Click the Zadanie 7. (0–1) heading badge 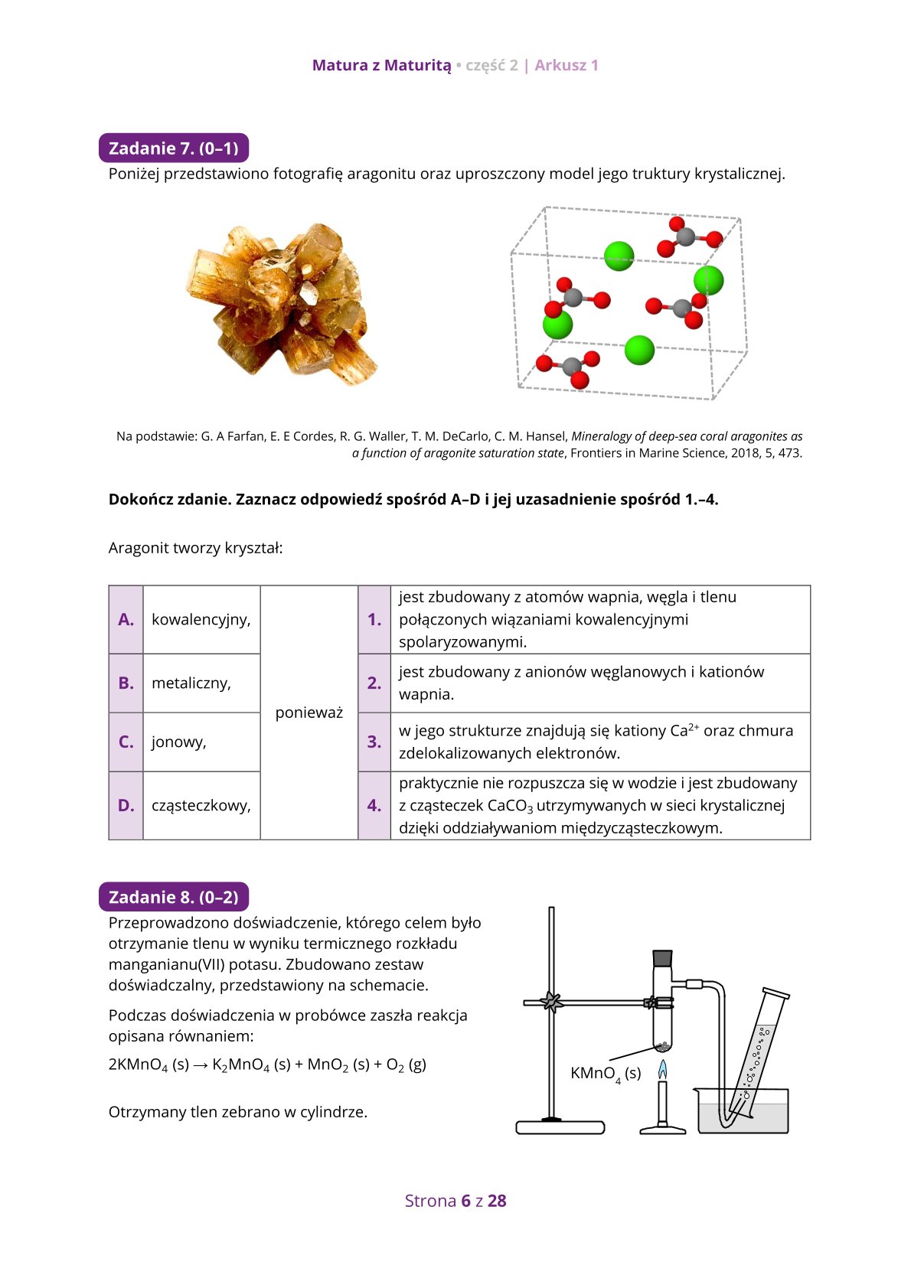coord(174,148)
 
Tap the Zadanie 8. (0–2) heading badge coord(174,897)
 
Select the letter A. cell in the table coord(126,620)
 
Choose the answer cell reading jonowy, coord(179,742)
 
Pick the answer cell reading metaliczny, coord(191,683)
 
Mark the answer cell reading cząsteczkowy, coord(201,805)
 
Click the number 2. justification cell coord(374,683)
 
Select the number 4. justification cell coord(374,805)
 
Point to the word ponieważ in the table coord(309,712)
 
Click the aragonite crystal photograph coord(281,305)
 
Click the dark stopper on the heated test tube coord(663,957)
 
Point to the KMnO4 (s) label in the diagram coord(606,1074)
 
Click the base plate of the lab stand coord(560,1127)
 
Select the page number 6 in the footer coord(465,1201)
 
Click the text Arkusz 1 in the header coord(567,65)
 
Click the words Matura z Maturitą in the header coord(381,65)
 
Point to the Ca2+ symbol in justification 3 coord(685,731)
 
